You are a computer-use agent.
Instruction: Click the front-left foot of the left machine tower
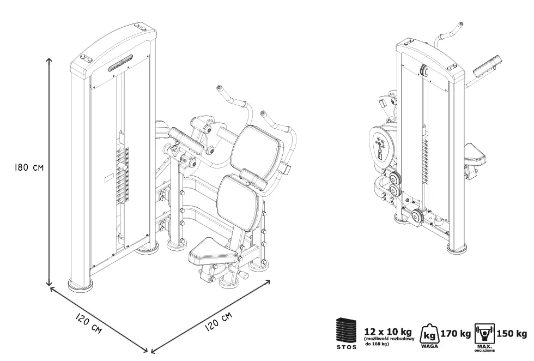pyautogui.click(x=80, y=284)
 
